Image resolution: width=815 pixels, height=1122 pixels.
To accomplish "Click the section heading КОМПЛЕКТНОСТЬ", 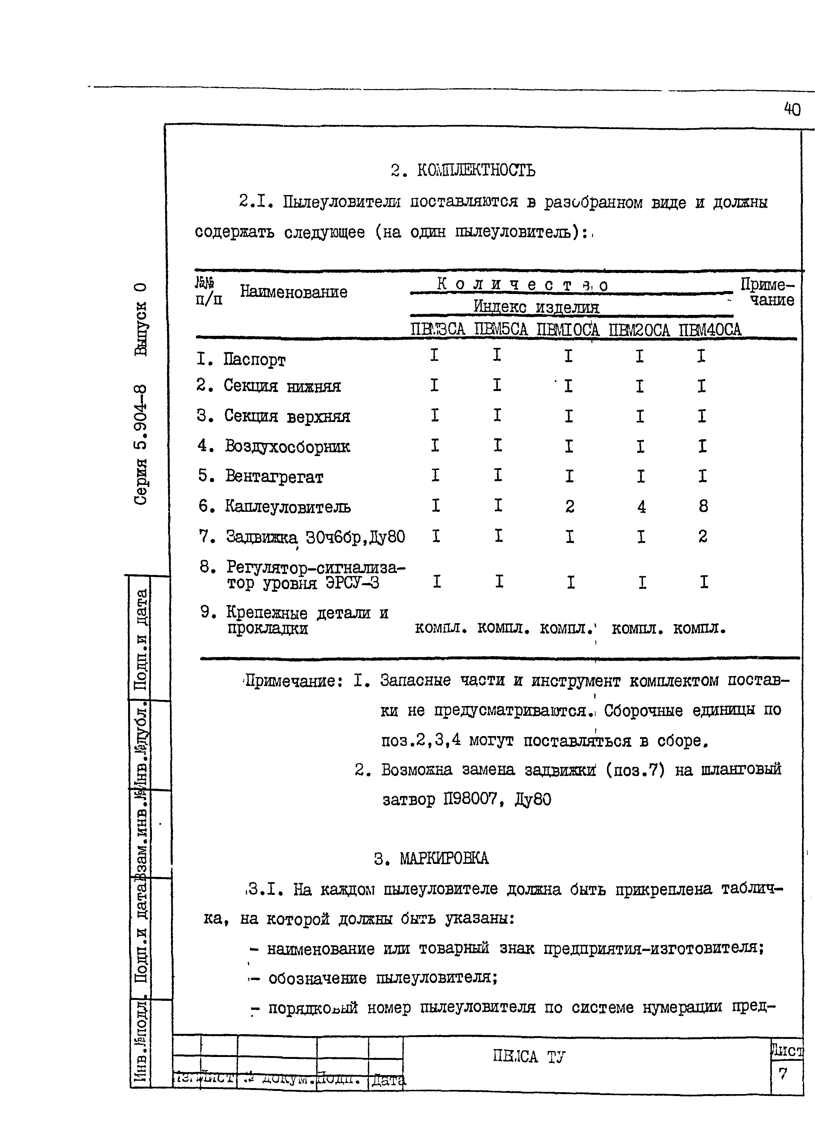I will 476,170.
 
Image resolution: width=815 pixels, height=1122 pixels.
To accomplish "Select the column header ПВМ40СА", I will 710,329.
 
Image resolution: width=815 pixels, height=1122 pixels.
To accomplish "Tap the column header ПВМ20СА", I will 639,329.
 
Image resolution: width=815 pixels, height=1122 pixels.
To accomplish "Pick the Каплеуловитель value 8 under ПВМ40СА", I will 703,506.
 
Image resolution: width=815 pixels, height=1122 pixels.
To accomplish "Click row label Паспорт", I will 254,360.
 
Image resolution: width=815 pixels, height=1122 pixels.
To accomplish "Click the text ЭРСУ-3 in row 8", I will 352,583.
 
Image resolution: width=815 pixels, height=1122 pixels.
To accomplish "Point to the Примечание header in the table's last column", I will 767,292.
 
